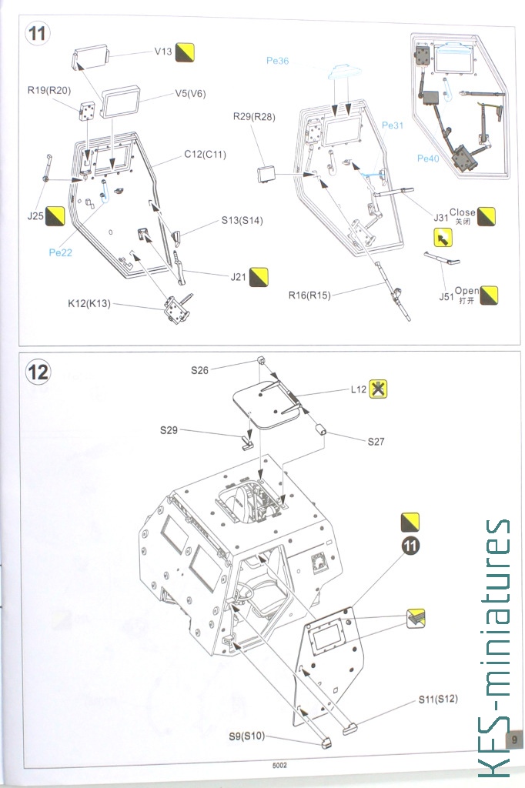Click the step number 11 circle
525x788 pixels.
38,35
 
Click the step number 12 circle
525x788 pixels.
38,372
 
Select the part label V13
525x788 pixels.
163,52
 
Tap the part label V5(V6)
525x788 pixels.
190,95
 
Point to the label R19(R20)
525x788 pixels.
48,90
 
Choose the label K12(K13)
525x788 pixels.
89,304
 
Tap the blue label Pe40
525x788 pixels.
428,159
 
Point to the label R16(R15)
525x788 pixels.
309,295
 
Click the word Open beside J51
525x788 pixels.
466,291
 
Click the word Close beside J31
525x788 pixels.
462,212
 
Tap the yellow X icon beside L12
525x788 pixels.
377,389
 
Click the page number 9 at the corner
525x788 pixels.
512,739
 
